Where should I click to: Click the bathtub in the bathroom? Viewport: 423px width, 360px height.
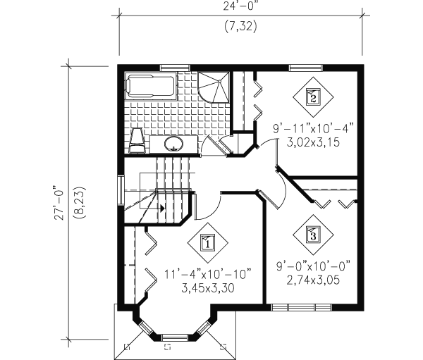tap(151, 86)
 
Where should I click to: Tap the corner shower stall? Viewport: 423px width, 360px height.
tap(214, 87)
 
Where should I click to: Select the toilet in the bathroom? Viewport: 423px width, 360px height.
tap(137, 140)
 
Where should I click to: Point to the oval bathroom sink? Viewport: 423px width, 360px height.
tap(173, 143)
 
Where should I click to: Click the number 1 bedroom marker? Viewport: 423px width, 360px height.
tap(208, 242)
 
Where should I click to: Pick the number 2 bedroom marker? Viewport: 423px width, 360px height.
tap(313, 97)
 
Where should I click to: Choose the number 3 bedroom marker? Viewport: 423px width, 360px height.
tap(313, 235)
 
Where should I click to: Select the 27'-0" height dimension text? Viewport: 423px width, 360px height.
tap(59, 202)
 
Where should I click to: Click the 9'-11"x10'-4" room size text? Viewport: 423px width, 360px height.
tap(313, 129)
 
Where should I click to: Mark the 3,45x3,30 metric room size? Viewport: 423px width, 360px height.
tap(208, 289)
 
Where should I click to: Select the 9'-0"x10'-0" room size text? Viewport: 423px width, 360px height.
tap(313, 266)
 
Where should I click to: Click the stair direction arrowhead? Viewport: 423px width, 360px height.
tap(162, 208)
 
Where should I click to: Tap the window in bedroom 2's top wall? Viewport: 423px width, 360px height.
tap(306, 68)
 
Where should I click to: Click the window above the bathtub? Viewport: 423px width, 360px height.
tap(175, 68)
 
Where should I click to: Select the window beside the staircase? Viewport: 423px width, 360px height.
tap(121, 190)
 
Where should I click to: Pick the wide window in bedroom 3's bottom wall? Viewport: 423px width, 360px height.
tap(301, 307)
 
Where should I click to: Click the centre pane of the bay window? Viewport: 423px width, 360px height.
tap(175, 337)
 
